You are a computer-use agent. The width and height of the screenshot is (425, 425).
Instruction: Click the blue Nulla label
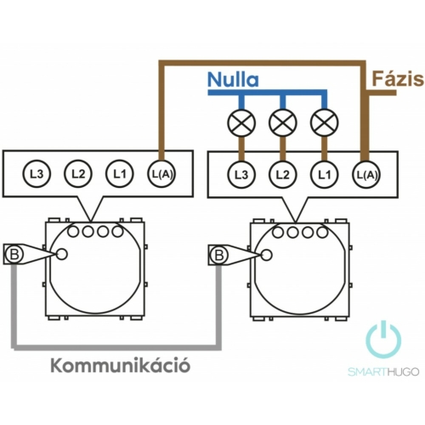coord(233,80)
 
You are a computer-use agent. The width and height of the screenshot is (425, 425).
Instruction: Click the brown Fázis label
coord(398,79)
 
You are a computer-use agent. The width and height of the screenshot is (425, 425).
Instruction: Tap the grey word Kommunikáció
coord(121,365)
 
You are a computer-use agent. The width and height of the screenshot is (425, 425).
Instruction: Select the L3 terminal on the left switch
coord(37,173)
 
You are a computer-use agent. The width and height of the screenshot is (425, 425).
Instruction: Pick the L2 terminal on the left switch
coord(78,173)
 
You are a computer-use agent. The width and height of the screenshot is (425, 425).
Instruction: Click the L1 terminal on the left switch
coord(120,173)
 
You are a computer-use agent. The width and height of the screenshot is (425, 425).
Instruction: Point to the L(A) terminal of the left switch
coord(161,173)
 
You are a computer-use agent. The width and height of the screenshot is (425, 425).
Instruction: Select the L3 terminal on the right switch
coord(241,175)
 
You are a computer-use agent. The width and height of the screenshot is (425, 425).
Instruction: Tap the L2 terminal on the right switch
coord(283,175)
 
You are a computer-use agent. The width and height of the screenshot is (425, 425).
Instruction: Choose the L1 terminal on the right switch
coord(325,175)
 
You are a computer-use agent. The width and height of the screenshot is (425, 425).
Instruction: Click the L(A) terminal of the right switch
coord(366,175)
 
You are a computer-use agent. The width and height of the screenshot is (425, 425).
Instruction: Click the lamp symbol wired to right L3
coord(241,123)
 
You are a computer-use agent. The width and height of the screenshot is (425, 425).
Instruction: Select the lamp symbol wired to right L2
coord(283,123)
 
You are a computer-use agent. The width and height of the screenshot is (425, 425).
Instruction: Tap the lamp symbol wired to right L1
coord(325,123)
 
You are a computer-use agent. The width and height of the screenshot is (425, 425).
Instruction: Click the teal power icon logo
coord(383,339)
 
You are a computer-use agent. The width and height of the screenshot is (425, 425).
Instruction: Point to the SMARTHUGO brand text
coord(383,371)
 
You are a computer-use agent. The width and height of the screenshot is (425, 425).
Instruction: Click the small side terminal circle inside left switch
coord(61,254)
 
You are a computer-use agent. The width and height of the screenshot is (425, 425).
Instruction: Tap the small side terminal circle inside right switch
coord(266,255)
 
